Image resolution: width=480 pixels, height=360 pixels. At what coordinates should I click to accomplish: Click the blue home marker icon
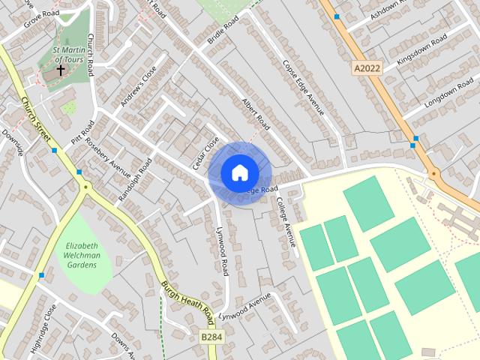click(239, 173)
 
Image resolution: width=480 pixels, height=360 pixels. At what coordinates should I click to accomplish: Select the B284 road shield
click(211, 339)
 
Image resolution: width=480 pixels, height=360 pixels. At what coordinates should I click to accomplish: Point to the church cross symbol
click(61, 71)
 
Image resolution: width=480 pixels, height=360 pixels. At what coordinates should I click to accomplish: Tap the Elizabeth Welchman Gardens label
click(82, 256)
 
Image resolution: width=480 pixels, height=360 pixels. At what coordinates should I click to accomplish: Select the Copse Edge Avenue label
click(303, 86)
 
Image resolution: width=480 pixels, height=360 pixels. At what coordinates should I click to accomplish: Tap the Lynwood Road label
click(222, 251)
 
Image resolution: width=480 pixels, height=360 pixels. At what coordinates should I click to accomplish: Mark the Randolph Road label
click(135, 178)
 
